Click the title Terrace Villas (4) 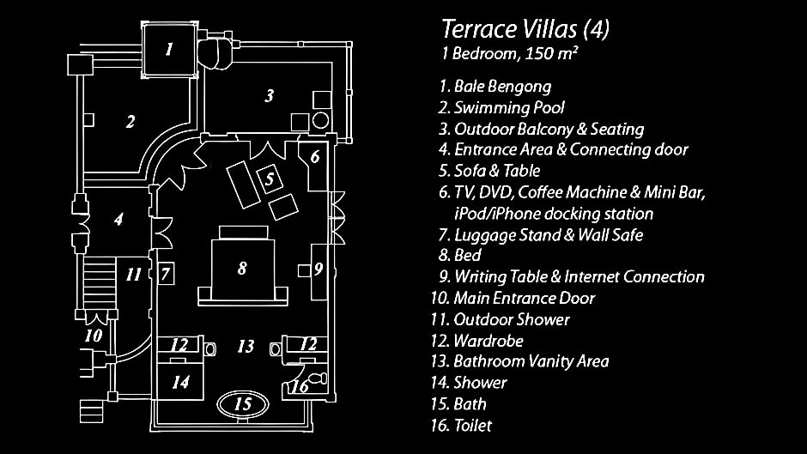pyautogui.click(x=525, y=29)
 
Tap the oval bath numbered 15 pyautogui.click(x=243, y=403)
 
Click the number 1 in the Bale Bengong pyautogui.click(x=169, y=50)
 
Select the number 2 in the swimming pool pyautogui.click(x=130, y=122)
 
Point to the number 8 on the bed pyautogui.click(x=242, y=268)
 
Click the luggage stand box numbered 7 pyautogui.click(x=165, y=274)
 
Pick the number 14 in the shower pyautogui.click(x=180, y=382)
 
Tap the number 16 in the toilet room pyautogui.click(x=300, y=386)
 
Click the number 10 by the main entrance pyautogui.click(x=94, y=336)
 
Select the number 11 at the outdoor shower pyautogui.click(x=133, y=275)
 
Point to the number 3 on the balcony pyautogui.click(x=270, y=95)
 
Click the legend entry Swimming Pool pyautogui.click(x=509, y=107)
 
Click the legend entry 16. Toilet pyautogui.click(x=462, y=426)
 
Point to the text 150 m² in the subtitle pyautogui.click(x=550, y=53)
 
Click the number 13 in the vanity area pyautogui.click(x=246, y=346)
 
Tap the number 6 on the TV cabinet pyautogui.click(x=315, y=156)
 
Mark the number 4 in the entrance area pyautogui.click(x=118, y=220)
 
